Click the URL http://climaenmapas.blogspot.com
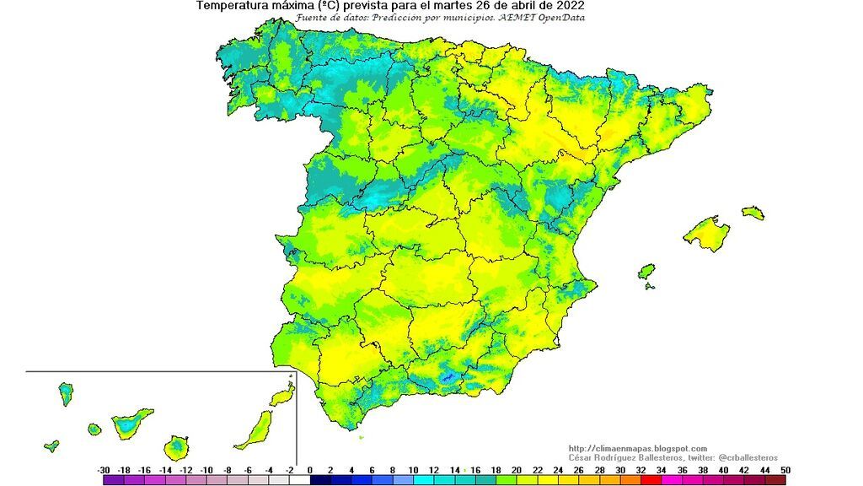638,448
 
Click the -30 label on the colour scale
104,469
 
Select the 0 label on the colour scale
310,469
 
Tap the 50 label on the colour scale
785,469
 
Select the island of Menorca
753,212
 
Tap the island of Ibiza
646,272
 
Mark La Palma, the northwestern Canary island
65,393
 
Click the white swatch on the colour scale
299,480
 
